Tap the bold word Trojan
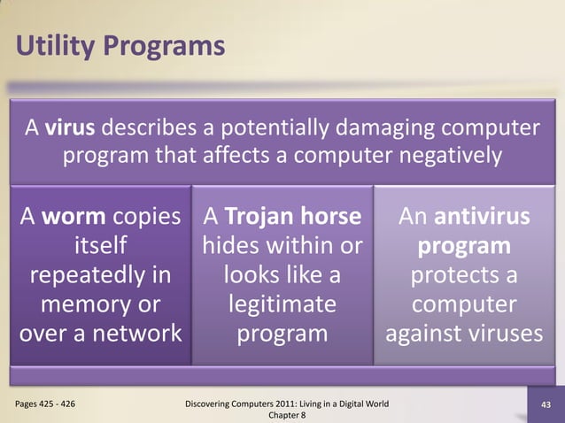(x=252, y=217)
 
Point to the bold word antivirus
(x=480, y=217)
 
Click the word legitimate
(x=282, y=305)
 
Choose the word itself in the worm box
(x=101, y=246)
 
